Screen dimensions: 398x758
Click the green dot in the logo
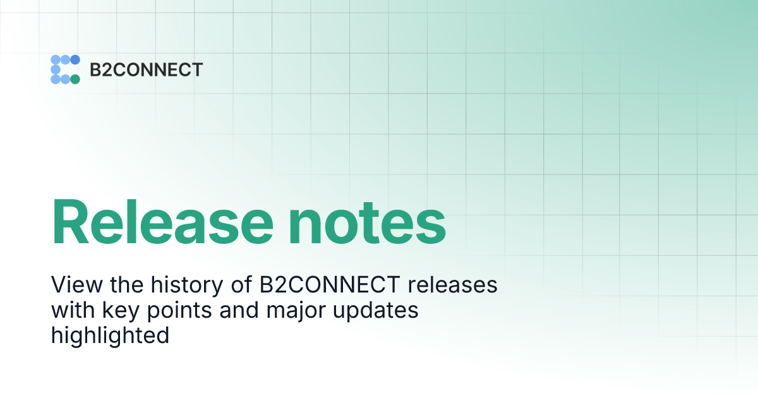click(x=75, y=79)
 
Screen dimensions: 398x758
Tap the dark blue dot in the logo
click(x=75, y=60)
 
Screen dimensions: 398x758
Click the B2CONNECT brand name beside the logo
click(x=146, y=69)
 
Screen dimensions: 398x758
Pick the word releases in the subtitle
click(x=452, y=285)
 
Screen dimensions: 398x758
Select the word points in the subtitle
click(x=171, y=311)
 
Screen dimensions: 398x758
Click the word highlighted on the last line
click(x=110, y=335)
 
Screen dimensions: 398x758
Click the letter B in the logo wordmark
click(x=95, y=69)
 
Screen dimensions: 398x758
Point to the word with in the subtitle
click(x=71, y=310)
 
